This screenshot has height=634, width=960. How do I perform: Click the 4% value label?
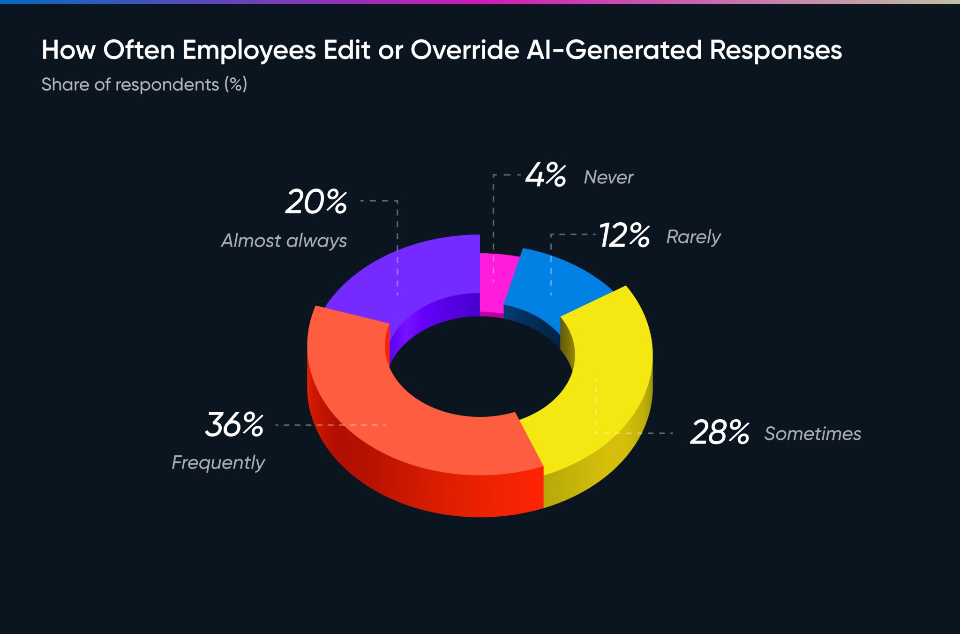(545, 175)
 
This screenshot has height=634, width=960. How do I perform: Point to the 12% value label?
(624, 235)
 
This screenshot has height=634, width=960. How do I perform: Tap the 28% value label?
(720, 432)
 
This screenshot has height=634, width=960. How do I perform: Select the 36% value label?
(234, 425)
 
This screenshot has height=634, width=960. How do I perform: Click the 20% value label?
(316, 202)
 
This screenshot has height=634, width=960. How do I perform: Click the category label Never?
(608, 177)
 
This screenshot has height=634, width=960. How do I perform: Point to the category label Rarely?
(693, 237)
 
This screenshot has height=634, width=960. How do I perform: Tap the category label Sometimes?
(812, 434)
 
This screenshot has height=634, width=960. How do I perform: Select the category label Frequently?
(218, 463)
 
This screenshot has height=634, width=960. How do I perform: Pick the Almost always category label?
(284, 241)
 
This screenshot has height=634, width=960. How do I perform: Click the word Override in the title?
(465, 50)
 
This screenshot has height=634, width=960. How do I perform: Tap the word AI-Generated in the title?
(614, 50)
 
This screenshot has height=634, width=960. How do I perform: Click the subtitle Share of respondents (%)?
(144, 84)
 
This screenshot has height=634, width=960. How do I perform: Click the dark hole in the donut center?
(480, 366)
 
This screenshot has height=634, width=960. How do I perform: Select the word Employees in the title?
(249, 50)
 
